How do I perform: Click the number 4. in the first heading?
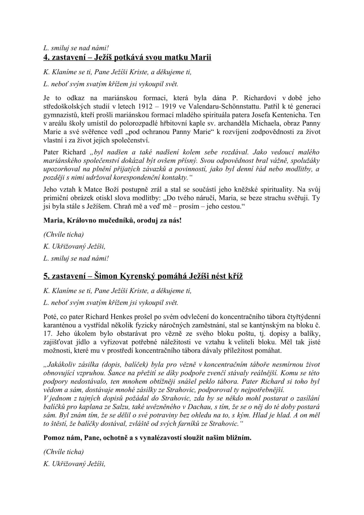click(46, 58)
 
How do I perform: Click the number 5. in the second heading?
click(46, 276)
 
